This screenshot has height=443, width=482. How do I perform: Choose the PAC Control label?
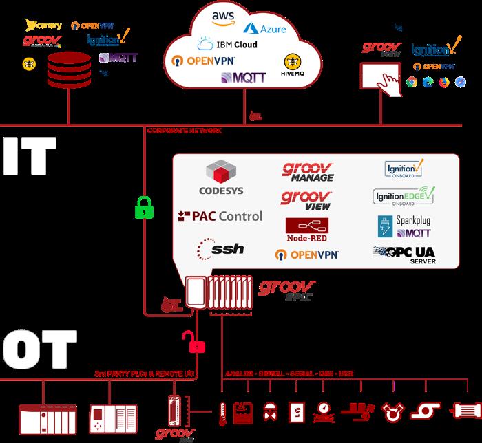tap(220, 216)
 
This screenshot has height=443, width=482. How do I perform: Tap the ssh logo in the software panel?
tap(220, 248)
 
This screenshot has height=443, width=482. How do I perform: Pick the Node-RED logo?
tap(306, 230)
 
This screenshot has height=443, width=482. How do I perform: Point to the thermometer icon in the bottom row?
tap(222, 411)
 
